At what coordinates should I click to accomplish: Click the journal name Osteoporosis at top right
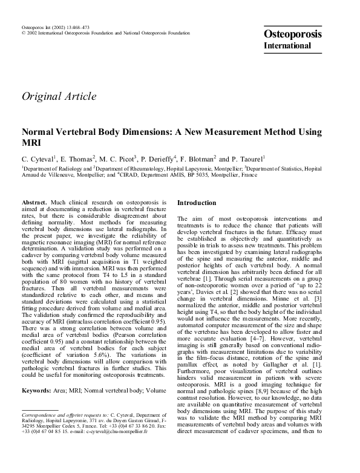[x=293, y=34]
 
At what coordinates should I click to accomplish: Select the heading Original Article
[x=59, y=96]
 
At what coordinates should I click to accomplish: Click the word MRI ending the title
[x=31, y=142]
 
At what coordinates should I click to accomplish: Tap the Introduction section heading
[x=197, y=203]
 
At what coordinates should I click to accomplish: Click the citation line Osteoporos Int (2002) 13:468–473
[x=55, y=28]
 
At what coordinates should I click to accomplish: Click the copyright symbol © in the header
[x=23, y=34]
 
